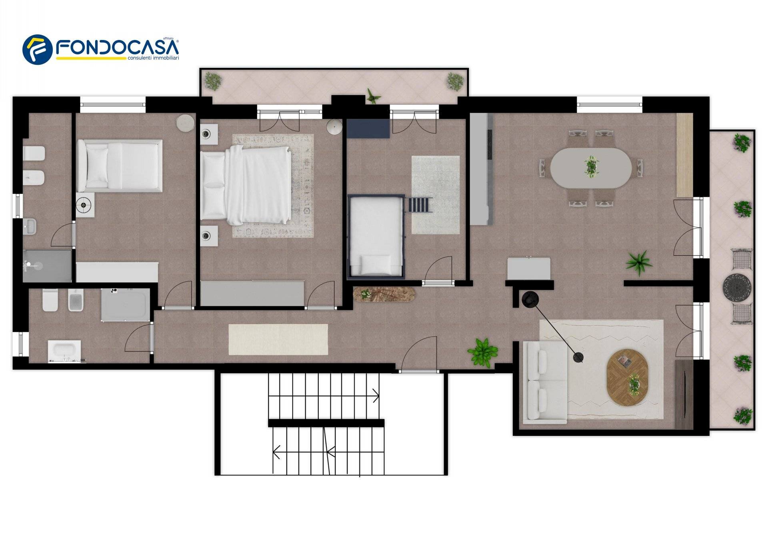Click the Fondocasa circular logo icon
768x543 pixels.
37,49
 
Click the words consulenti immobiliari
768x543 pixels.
153,58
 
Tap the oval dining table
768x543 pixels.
591,168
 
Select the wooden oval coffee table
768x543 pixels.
627,377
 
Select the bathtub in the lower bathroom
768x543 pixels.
64,351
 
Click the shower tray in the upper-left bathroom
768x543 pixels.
47,266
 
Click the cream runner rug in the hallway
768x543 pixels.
278,339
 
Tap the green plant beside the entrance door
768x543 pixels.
483,352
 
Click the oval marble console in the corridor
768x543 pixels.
384,294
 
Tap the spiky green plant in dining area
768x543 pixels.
639,262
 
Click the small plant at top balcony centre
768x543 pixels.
373,97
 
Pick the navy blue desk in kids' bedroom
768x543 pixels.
368,128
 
